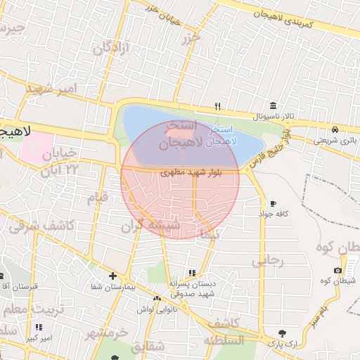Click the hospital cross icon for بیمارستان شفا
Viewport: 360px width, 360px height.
point(112,276)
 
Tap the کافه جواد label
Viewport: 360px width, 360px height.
point(274,213)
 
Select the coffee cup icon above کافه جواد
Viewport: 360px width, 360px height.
point(273,202)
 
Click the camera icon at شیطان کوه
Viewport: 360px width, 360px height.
point(338,271)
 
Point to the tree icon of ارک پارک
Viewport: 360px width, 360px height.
point(281,333)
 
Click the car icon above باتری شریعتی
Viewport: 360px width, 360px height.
point(337,129)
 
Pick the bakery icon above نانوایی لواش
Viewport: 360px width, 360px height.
point(156,299)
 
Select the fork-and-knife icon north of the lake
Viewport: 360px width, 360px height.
point(218,107)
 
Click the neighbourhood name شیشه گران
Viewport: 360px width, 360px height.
point(150,225)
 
